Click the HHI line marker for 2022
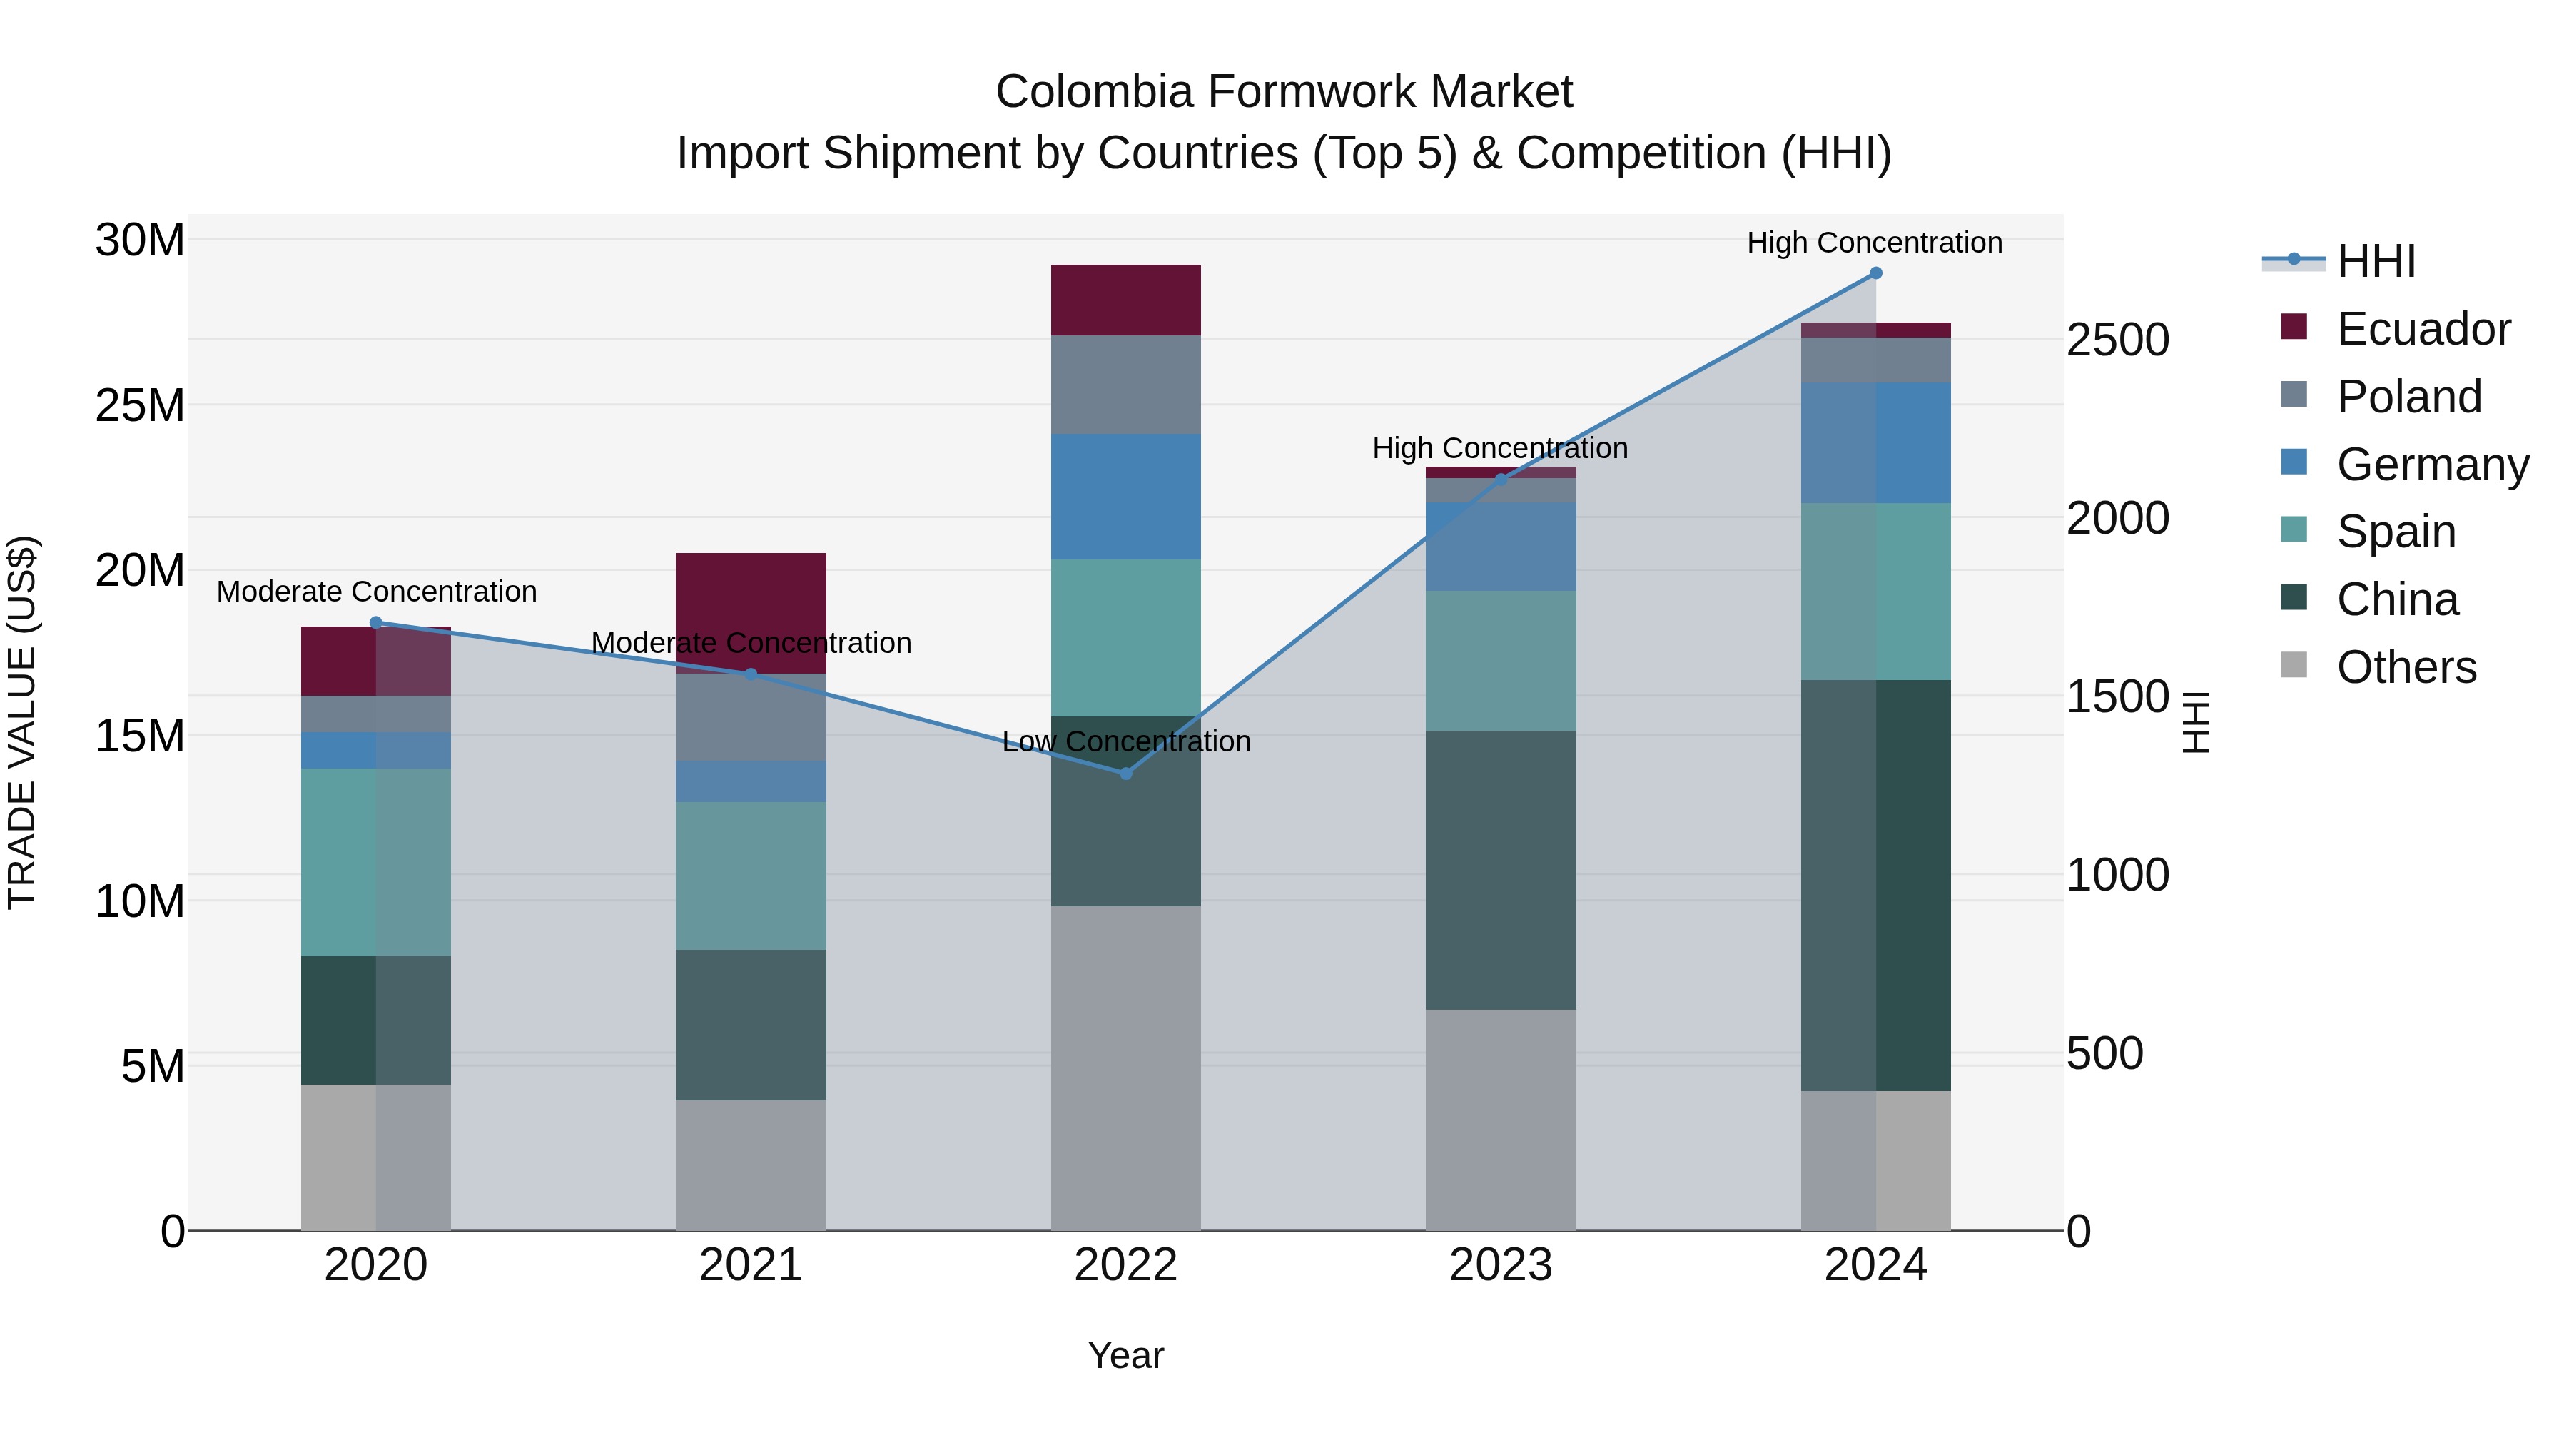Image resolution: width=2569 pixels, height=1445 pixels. coord(1126,773)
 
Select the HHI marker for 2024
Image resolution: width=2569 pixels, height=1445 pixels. coord(1875,273)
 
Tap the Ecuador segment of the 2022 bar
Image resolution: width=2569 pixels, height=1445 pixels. coord(1126,300)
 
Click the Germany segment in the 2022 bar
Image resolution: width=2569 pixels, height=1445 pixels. coord(1126,497)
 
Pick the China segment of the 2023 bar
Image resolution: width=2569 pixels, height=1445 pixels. coord(1501,870)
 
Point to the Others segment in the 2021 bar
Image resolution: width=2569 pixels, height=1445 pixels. coord(751,1165)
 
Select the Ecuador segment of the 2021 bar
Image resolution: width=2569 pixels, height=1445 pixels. coord(751,612)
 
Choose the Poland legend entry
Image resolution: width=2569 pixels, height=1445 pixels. coord(2408,397)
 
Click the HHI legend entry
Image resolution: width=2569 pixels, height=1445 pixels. coord(2376,261)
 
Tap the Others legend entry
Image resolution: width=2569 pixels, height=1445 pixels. coord(2406,667)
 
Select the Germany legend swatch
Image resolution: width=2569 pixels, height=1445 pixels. coord(2294,462)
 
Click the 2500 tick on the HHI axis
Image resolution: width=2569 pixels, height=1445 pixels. coord(2117,340)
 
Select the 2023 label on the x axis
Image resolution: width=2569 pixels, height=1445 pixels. coord(1501,1265)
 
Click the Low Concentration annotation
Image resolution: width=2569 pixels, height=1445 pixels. coord(1126,741)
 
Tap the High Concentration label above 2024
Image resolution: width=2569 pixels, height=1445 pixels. coord(1874,243)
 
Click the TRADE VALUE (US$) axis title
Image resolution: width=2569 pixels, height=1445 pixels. coord(22,722)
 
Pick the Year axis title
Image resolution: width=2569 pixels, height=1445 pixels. coord(1126,1355)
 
